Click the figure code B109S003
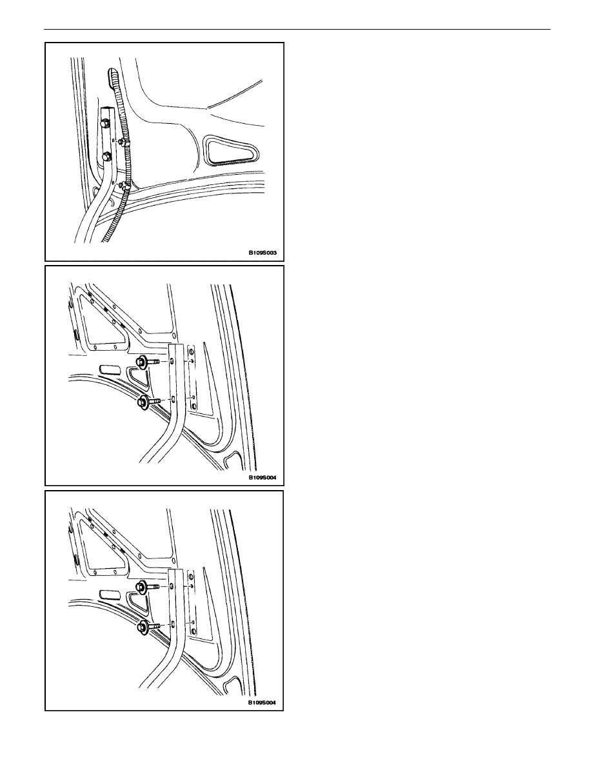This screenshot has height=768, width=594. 262,253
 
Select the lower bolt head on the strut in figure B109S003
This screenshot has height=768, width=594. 106,157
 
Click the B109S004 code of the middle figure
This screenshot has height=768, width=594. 262,477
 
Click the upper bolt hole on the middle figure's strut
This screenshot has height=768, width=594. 173,362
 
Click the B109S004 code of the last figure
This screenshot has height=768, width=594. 262,702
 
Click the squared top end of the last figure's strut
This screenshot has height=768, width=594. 176,569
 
